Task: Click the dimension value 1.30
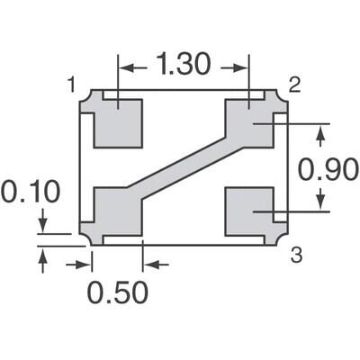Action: click(x=184, y=66)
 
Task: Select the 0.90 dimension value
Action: click(x=328, y=168)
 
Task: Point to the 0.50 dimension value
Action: click(x=117, y=293)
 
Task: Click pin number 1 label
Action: click(x=72, y=85)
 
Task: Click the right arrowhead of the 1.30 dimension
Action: click(x=242, y=67)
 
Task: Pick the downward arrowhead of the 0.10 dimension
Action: click(x=43, y=225)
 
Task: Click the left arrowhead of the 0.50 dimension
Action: click(x=86, y=264)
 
